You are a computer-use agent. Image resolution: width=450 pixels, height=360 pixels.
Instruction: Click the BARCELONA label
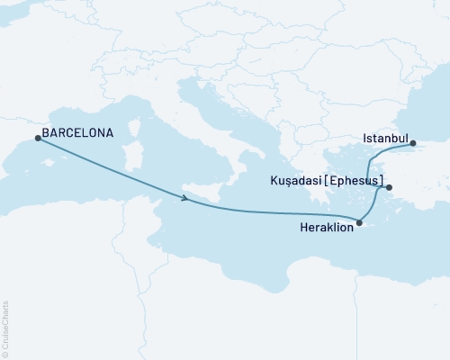[78, 133]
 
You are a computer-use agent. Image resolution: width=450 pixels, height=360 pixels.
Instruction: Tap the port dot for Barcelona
[37, 138]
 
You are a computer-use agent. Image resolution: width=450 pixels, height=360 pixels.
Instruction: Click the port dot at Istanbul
[412, 143]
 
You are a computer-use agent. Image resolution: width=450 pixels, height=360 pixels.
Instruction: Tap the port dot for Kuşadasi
[389, 187]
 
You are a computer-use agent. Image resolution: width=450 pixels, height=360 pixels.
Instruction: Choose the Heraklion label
[326, 229]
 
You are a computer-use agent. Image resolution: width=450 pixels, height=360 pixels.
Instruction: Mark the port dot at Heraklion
[359, 223]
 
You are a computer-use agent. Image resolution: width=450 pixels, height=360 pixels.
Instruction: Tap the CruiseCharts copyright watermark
[5, 328]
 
